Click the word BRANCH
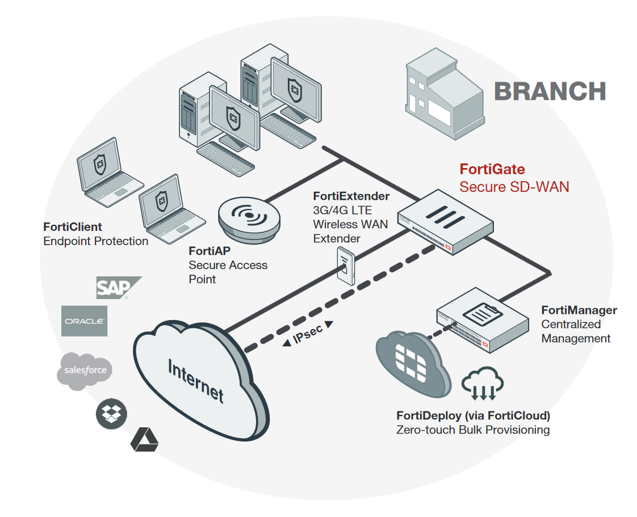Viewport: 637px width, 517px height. point(550,91)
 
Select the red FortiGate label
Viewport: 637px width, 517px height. point(492,169)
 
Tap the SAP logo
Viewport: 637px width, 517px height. point(116,288)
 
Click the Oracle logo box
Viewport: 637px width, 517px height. point(84,321)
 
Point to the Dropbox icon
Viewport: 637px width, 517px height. point(111,414)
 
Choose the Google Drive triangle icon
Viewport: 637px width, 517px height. point(144,440)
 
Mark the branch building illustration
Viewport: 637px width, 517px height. point(445,97)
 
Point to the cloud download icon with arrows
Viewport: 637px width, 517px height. point(483,383)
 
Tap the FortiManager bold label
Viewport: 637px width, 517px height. point(579,310)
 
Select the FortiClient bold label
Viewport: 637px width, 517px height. point(73,227)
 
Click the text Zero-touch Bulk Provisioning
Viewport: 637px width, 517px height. point(473,430)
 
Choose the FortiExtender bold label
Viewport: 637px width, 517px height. point(351,196)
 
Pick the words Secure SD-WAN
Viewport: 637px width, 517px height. point(514,187)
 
